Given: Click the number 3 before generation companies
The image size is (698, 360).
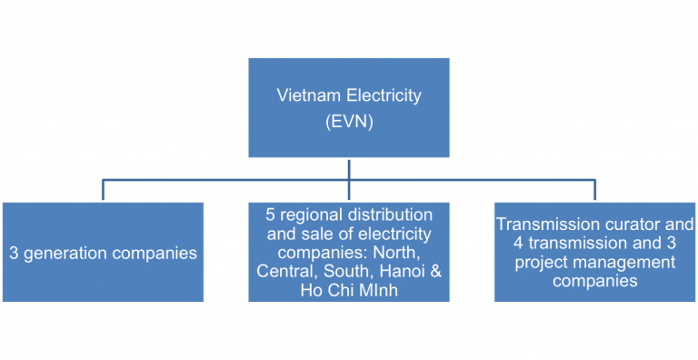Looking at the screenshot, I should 14,253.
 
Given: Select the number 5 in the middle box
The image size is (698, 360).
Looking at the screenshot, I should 270,215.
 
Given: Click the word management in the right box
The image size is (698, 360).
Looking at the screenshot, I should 623,263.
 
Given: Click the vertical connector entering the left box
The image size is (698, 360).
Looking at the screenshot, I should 103,190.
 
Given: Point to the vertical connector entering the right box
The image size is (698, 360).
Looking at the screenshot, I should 595,190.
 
